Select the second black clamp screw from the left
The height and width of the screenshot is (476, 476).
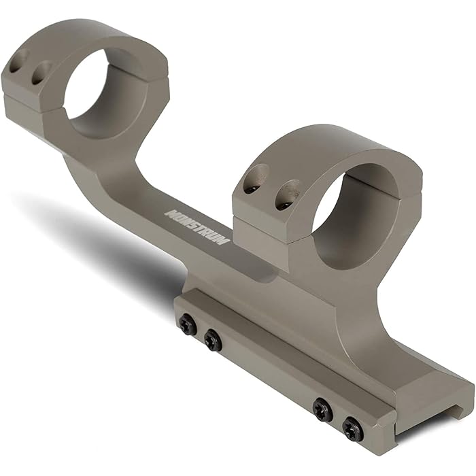coord(213,339)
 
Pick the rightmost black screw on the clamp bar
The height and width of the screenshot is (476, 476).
coord(352,428)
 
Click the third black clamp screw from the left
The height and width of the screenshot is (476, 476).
coord(322,409)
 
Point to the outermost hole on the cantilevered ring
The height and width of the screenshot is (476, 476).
coord(17,62)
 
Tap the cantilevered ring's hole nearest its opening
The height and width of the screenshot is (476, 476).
coord(41,71)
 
